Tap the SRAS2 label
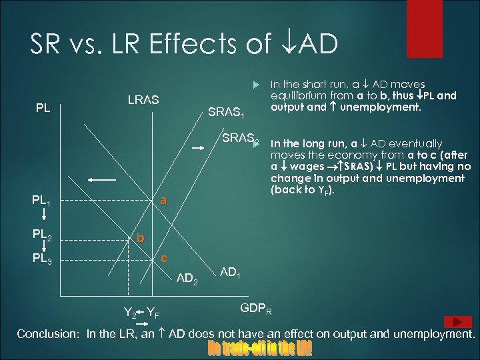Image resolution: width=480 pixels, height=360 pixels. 241,139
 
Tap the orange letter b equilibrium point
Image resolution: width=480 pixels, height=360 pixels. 139,237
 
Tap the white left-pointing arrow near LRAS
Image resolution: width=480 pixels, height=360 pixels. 100,179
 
